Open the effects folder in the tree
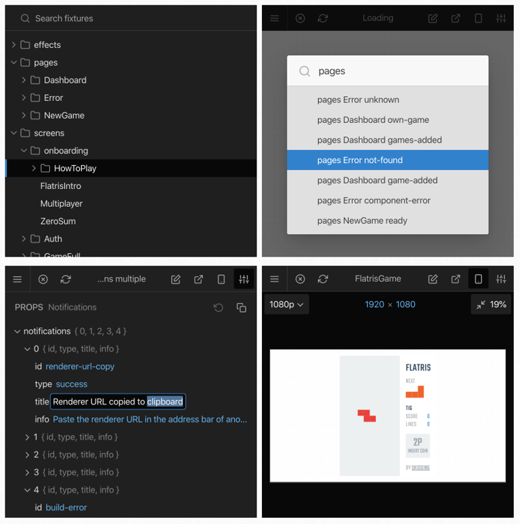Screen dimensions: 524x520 tap(47, 45)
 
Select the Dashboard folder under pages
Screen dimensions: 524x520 tap(65, 80)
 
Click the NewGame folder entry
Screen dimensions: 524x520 tap(64, 115)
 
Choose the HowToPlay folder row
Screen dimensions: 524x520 tap(75, 169)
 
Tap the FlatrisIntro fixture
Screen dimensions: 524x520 tap(61, 186)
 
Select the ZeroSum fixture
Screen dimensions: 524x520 tap(58, 221)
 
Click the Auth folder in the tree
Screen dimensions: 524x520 tap(53, 239)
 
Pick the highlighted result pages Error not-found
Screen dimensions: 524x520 tap(360, 160)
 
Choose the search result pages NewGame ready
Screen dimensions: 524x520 tap(362, 221)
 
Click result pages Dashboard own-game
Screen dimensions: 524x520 tap(373, 120)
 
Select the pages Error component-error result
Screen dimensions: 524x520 tap(373, 201)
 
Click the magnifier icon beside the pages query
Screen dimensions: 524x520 tap(305, 72)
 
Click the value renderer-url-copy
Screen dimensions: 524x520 tap(80, 366)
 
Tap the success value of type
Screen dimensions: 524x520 tap(72, 384)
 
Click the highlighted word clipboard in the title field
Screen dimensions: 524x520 tap(165, 402)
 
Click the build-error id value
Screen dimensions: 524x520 tap(66, 508)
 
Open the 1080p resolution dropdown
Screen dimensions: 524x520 tap(287, 304)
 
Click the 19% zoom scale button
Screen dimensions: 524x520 tap(491, 304)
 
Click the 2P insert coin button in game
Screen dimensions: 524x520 tap(418, 446)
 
